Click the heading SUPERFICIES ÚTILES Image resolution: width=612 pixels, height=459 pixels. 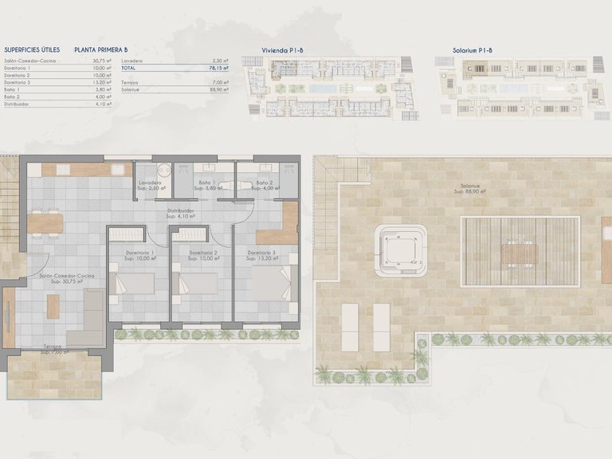pyautogui.click(x=32, y=49)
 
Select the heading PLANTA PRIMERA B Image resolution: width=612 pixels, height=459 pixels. pyautogui.click(x=101, y=49)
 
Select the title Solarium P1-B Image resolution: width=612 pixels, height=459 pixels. pyautogui.click(x=472, y=49)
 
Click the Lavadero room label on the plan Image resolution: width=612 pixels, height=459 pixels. pyautogui.click(x=151, y=185)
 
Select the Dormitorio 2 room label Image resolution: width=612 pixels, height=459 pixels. pyautogui.click(x=199, y=255)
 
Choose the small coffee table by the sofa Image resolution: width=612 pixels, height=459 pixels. pyautogui.click(x=53, y=305)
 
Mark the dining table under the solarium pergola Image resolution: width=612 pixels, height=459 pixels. pyautogui.click(x=519, y=253)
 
